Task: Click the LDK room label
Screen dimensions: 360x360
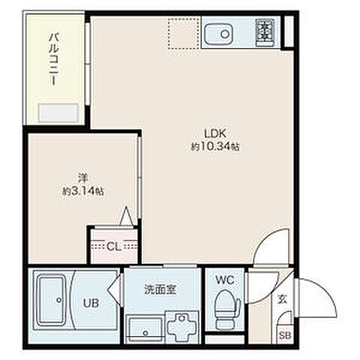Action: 214,136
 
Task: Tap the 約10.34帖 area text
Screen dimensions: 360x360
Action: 214,148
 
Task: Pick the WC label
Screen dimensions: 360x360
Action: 225,280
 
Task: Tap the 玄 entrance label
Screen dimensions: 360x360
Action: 283,299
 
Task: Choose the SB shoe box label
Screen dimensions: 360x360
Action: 286,335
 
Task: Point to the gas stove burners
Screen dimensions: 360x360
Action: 265,31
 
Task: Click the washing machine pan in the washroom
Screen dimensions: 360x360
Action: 181,327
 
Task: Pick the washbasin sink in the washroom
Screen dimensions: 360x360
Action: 142,328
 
